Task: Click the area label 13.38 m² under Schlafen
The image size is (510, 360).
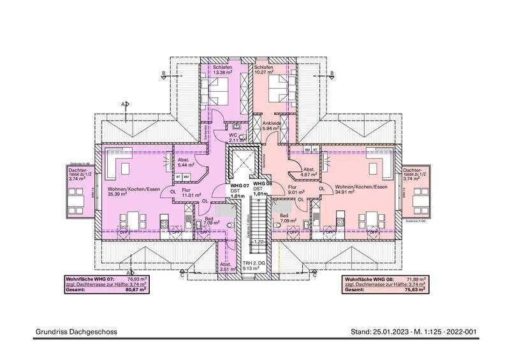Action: pyautogui.click(x=222, y=73)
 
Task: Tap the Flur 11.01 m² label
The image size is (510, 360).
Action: pyautogui.click(x=190, y=192)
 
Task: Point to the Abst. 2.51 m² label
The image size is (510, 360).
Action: pyautogui.click(x=226, y=266)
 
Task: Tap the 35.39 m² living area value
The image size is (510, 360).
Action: pyautogui.click(x=119, y=195)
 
